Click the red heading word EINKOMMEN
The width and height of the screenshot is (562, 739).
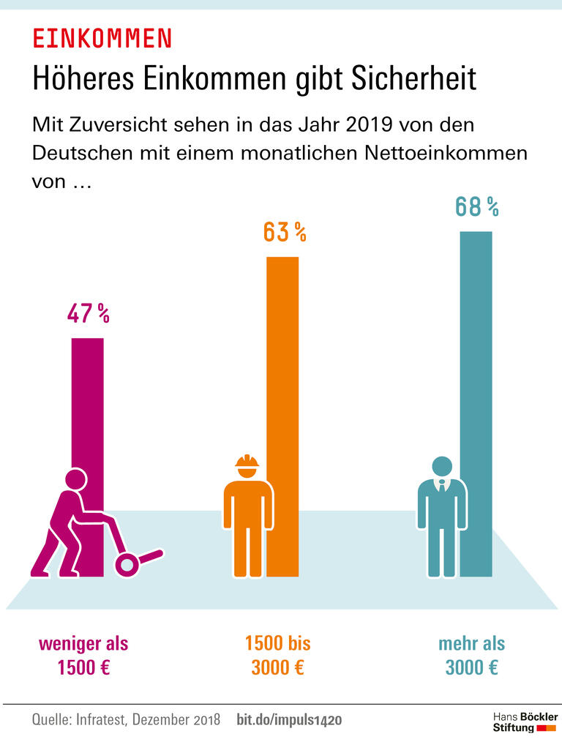tap(102, 38)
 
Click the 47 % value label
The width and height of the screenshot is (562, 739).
tap(88, 315)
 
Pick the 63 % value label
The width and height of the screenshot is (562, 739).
tap(284, 233)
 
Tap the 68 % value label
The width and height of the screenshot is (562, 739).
tap(476, 207)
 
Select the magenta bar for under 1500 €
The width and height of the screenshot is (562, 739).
tap(88, 410)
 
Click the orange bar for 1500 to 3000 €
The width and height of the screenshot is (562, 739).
tap(282, 366)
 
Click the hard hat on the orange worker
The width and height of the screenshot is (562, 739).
tap(247, 461)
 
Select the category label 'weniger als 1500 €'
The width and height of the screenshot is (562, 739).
tap(83, 656)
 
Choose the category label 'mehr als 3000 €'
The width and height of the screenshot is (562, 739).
tap(472, 656)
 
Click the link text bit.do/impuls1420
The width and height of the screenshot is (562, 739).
tap(289, 720)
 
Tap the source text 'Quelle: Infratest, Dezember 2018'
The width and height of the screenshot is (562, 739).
tap(126, 720)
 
